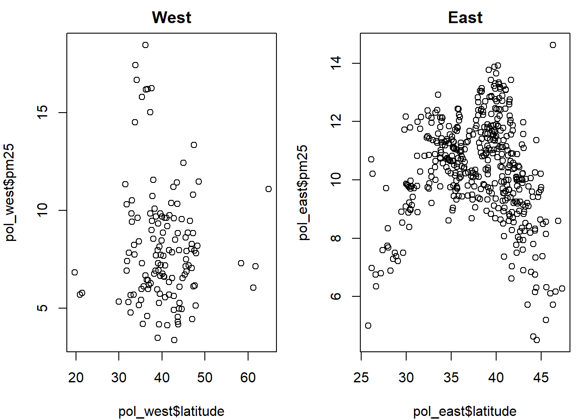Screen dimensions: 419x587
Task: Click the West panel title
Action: coord(172,18)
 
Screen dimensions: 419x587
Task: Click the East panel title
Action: coord(465,18)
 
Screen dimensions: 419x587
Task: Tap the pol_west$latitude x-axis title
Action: coord(171,411)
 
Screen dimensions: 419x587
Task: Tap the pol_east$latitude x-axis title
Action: coord(465,411)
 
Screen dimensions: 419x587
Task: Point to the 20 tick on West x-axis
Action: coord(76,378)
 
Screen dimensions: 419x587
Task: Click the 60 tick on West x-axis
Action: coord(248,378)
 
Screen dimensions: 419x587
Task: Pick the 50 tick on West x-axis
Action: coord(205,378)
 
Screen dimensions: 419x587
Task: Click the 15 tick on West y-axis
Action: coord(42,113)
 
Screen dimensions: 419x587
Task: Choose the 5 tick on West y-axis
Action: coord(42,308)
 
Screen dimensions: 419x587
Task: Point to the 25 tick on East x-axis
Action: coord(361,378)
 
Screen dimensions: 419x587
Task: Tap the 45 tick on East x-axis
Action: coord(541,378)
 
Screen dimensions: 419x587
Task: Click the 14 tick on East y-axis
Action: coord(336,63)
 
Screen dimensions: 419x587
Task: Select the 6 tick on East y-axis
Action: coord(336,296)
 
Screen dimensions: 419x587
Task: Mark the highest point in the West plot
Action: coord(145,45)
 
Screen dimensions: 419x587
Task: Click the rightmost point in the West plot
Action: coord(269,189)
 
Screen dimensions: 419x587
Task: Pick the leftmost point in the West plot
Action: coord(75,272)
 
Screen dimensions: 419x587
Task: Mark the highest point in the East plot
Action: coord(553,45)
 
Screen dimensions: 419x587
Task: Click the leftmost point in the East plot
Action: coord(368,326)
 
